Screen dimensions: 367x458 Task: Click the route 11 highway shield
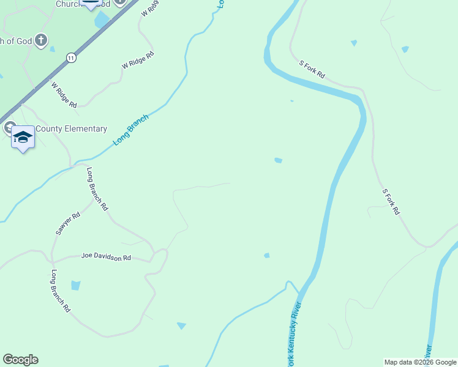[72, 58]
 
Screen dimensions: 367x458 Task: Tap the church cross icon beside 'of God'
[41, 41]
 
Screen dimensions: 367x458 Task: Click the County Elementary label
[71, 129]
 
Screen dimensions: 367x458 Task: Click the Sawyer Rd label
[67, 224]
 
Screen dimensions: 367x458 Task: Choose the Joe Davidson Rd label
[106, 258]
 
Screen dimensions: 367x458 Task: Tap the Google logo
[20, 360]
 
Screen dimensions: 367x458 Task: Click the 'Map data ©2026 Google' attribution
[420, 362]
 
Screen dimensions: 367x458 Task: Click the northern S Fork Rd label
[312, 69]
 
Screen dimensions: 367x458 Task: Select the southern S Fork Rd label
[391, 202]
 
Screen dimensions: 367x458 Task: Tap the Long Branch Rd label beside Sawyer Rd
[97, 189]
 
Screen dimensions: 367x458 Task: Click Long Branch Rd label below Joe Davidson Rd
[61, 291]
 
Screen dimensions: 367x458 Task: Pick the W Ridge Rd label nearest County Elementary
[64, 95]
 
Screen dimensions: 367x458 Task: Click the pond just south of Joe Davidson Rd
[75, 285]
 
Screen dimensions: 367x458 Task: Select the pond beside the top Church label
[101, 20]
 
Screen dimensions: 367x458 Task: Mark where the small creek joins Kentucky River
[299, 293]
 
